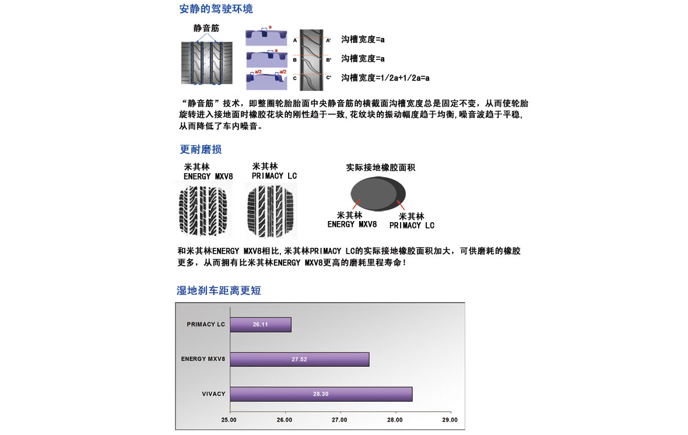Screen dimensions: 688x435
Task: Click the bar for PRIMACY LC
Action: (x=261, y=324)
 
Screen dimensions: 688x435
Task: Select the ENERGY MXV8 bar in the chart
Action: (x=300, y=359)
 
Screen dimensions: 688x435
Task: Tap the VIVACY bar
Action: (x=321, y=394)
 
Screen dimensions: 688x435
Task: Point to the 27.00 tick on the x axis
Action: (x=339, y=420)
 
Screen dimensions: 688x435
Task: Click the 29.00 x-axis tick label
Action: (x=450, y=420)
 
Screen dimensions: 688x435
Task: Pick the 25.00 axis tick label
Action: (x=229, y=420)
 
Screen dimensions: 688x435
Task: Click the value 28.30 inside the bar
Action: (x=321, y=394)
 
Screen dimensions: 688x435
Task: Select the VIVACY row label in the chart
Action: (x=213, y=394)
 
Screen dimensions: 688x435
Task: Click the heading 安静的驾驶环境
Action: (x=216, y=9)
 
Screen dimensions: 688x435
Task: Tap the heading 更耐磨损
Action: (x=201, y=149)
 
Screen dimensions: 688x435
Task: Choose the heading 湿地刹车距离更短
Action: (x=219, y=290)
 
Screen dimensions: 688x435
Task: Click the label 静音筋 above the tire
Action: (x=206, y=28)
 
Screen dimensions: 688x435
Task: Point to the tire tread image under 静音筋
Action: (x=206, y=63)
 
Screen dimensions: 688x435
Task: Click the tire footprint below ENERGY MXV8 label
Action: (x=203, y=211)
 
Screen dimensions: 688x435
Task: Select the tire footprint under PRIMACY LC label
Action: (x=271, y=211)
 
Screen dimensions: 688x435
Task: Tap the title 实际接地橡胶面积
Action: (x=380, y=167)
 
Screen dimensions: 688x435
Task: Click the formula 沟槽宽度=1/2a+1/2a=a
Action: (x=385, y=78)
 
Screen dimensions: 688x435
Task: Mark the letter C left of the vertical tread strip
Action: (x=295, y=78)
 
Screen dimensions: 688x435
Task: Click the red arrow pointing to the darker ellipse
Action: (x=401, y=205)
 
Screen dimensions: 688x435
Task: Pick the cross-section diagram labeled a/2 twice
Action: (x=266, y=79)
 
